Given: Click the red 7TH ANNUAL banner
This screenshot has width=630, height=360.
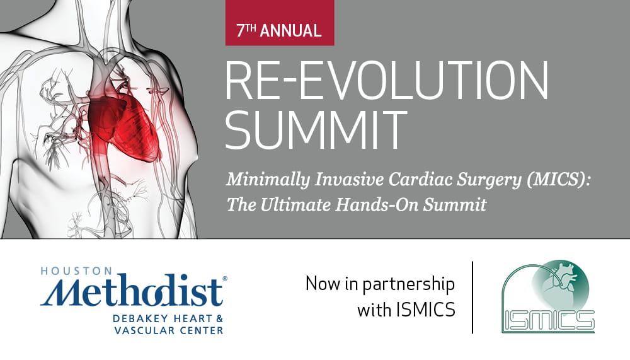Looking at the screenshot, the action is point(280,23).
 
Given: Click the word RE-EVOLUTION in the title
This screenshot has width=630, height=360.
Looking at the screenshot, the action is point(387,81).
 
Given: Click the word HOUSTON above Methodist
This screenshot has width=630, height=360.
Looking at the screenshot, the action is point(71,271).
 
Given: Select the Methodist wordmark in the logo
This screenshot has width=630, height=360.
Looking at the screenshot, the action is point(132,291).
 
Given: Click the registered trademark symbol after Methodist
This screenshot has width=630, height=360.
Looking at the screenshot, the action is point(225,278).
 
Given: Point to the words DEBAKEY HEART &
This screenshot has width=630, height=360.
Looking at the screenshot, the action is point(168,319).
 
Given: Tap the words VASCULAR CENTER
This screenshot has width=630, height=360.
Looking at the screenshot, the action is point(169,331).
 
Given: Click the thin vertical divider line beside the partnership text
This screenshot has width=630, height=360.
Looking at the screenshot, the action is point(472,297).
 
